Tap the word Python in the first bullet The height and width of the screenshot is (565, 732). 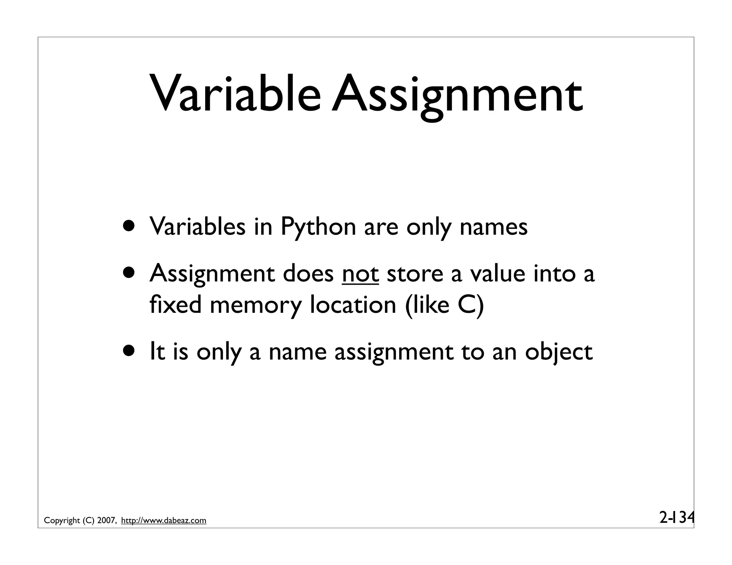pos(318,227)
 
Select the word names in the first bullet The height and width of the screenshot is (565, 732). pos(493,227)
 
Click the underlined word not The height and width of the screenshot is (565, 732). pos(360,274)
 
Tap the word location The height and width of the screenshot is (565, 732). pos(353,305)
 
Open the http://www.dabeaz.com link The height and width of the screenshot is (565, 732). pos(164,521)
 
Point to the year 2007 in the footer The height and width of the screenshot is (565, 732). pos(106,521)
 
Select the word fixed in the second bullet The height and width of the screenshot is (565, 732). pos(175,305)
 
